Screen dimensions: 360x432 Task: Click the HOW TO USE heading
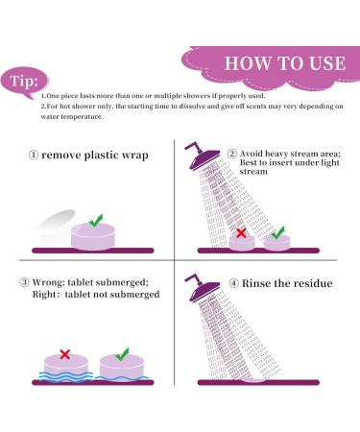(x=285, y=63)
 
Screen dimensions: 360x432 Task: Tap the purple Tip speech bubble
(x=24, y=82)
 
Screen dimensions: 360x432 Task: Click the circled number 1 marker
(x=34, y=156)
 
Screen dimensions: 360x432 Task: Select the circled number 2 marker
(x=232, y=154)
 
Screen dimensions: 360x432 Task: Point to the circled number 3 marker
(x=24, y=282)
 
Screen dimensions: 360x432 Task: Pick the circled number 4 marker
(x=234, y=283)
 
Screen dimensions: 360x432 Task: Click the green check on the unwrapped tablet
(x=96, y=221)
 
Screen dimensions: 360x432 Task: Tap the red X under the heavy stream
(x=241, y=233)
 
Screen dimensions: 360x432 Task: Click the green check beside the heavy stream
(x=277, y=233)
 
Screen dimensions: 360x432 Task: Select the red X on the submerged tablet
(x=65, y=354)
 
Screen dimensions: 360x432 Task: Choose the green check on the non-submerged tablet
(x=122, y=354)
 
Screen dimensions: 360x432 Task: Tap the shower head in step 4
(x=202, y=288)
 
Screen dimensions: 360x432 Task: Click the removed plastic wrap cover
(x=55, y=228)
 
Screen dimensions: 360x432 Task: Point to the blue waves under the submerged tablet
(x=65, y=376)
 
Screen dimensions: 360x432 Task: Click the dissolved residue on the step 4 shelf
(x=253, y=380)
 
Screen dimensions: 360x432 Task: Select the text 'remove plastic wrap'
(x=95, y=156)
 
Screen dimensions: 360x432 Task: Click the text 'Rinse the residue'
(x=287, y=283)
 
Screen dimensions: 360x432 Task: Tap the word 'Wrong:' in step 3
(x=48, y=282)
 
